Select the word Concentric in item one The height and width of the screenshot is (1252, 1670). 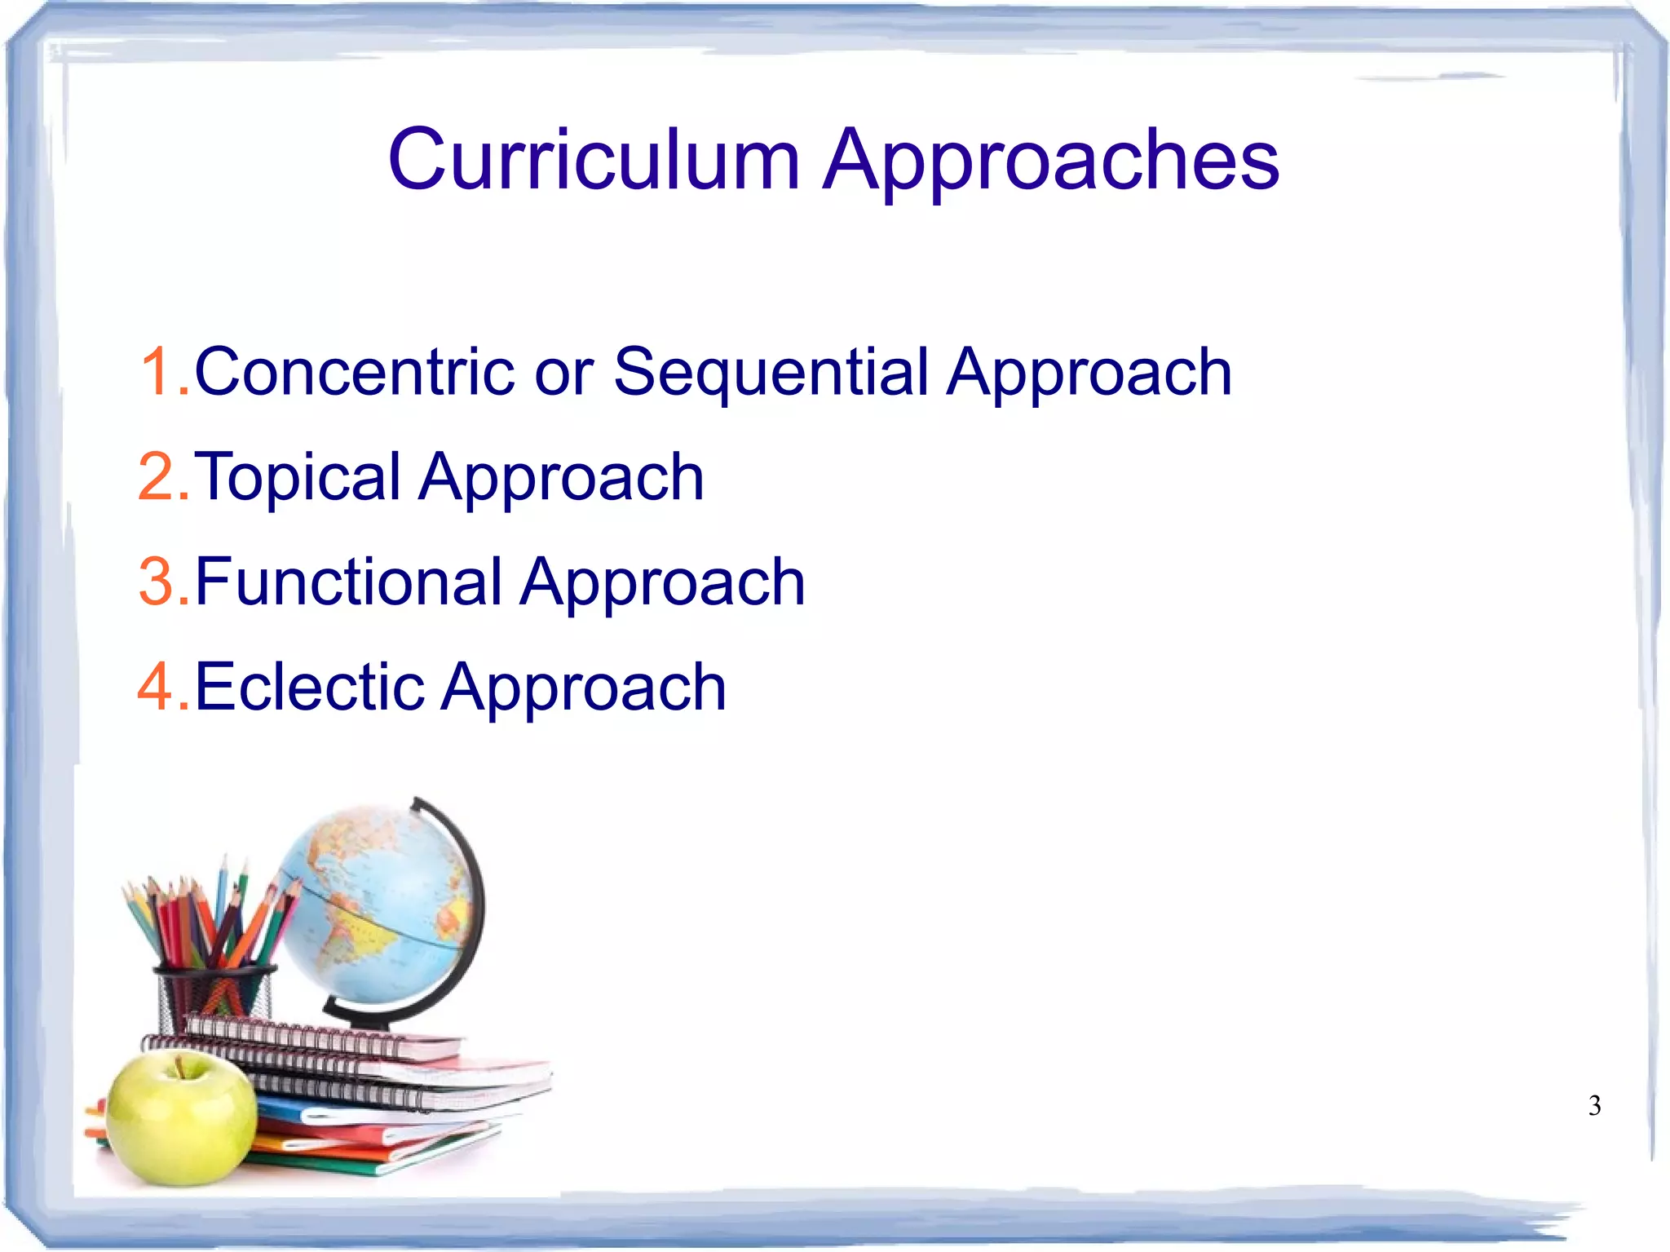pyautogui.click(x=354, y=372)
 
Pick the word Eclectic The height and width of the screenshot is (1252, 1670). pyautogui.click(x=310, y=687)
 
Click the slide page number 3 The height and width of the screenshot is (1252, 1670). pyautogui.click(x=1594, y=1106)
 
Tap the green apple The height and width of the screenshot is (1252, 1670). pyautogui.click(x=181, y=1117)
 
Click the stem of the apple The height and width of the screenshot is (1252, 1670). pyautogui.click(x=178, y=1064)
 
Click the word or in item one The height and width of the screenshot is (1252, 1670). pyautogui.click(x=563, y=374)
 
